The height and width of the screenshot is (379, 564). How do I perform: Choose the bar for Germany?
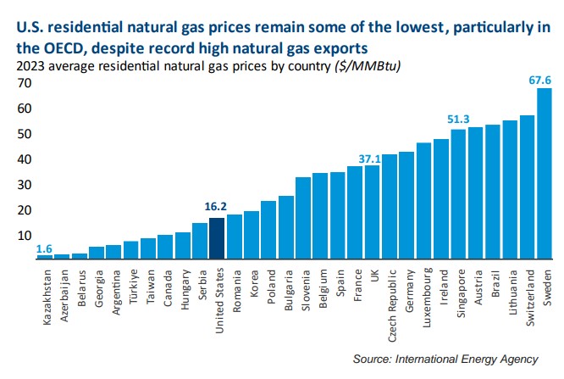coord(406,204)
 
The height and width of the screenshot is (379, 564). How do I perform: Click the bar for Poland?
coord(268,229)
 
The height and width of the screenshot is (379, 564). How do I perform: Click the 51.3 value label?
coord(459,120)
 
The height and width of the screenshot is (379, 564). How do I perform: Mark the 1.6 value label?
coord(43,248)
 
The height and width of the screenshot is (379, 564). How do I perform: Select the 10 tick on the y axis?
coord(25,236)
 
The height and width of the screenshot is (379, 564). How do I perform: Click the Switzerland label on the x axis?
coord(527,293)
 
